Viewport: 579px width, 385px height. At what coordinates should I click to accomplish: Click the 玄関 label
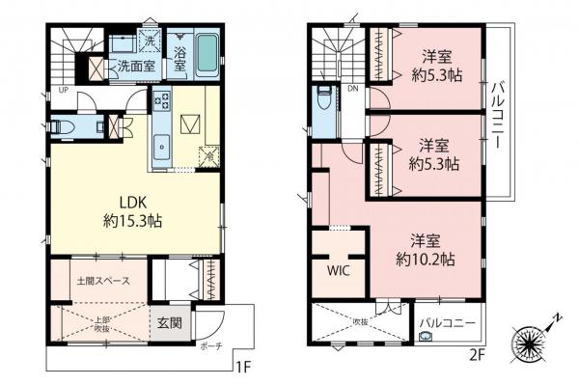pyautogui.click(x=169, y=323)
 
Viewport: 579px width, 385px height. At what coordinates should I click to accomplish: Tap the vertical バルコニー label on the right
pyautogui.click(x=498, y=114)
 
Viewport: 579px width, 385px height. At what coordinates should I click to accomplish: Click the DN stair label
pyautogui.click(x=353, y=88)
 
